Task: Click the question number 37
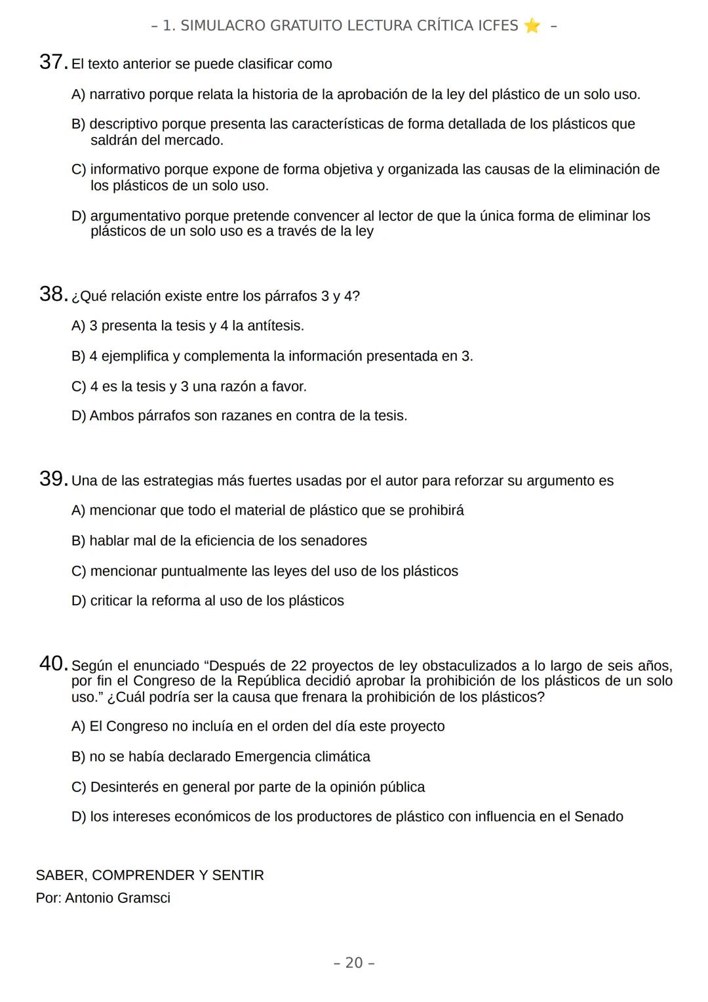click(x=52, y=62)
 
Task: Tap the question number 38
click(x=52, y=294)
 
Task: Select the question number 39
click(x=52, y=479)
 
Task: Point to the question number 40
click(x=52, y=664)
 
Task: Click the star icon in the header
click(x=532, y=26)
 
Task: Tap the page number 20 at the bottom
click(x=354, y=963)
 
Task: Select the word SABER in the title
click(x=60, y=875)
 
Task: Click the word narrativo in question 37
click(x=117, y=94)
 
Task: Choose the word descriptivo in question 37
click(x=123, y=124)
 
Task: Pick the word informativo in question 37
click(x=125, y=170)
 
